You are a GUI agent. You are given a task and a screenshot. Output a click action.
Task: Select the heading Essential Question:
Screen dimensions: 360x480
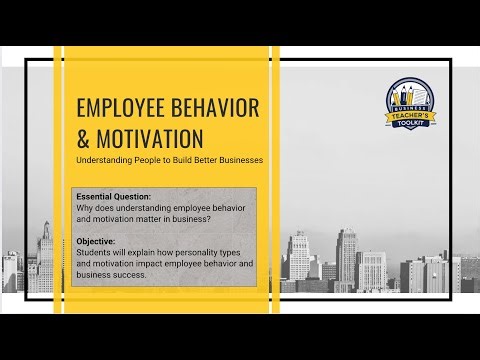coord(113,197)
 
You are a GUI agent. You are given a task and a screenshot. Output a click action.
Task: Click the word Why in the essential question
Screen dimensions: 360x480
coord(86,209)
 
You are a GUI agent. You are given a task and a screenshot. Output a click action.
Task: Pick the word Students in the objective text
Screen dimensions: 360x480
coord(95,253)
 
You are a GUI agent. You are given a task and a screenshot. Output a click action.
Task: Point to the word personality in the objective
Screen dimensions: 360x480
coord(194,253)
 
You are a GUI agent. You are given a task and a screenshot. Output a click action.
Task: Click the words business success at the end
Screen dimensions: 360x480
coord(110,275)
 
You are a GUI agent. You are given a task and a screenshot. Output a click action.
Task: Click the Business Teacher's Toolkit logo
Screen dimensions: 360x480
coord(410,105)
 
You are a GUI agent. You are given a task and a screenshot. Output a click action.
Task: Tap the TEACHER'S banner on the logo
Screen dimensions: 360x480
coord(410,117)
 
